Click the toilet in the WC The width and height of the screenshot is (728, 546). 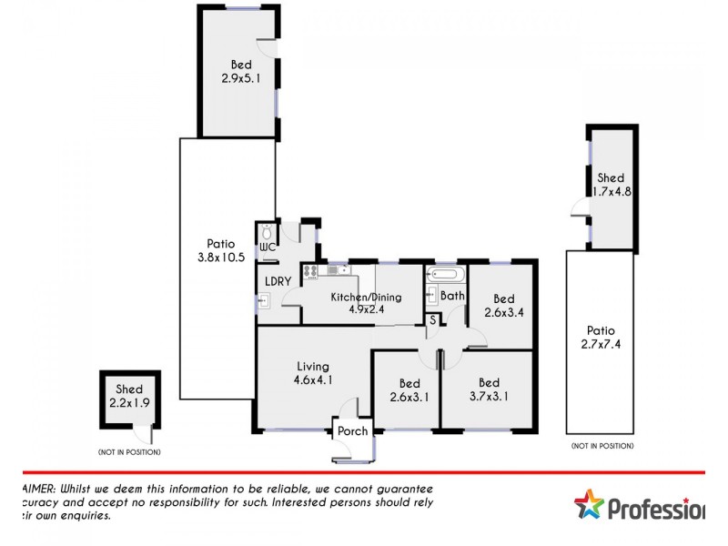click(265, 231)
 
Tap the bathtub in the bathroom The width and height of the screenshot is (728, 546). click(445, 272)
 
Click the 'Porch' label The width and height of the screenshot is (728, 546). click(352, 431)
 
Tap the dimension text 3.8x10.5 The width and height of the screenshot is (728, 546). click(220, 258)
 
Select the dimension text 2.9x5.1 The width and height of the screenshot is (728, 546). click(240, 79)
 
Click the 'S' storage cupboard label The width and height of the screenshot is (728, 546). click(433, 319)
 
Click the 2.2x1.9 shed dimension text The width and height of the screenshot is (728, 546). click(129, 402)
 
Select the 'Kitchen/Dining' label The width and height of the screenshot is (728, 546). click(365, 297)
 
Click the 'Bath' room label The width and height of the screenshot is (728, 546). click(452, 296)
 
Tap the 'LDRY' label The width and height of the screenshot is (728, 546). click(278, 281)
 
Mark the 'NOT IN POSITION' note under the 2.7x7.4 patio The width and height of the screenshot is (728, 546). click(602, 446)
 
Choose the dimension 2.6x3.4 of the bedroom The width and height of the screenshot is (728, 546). click(503, 312)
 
